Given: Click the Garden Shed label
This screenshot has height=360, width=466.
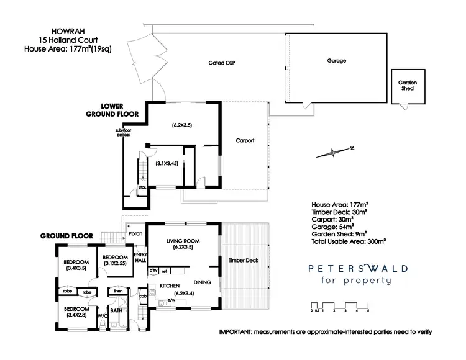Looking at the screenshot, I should [x=408, y=86].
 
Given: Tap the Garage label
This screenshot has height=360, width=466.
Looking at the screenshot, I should [x=336, y=61].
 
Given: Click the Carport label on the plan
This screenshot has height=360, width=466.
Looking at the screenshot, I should [x=245, y=141].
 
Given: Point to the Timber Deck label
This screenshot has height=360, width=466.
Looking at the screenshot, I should [x=243, y=261].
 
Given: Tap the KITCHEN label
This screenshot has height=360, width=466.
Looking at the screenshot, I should [x=170, y=286].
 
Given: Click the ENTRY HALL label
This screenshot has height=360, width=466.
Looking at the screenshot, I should [x=140, y=258].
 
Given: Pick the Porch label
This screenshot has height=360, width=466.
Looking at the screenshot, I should [x=135, y=233].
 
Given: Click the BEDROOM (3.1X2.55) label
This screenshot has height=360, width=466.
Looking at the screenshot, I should [x=115, y=261].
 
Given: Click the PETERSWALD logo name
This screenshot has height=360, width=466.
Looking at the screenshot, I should [x=359, y=268].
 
